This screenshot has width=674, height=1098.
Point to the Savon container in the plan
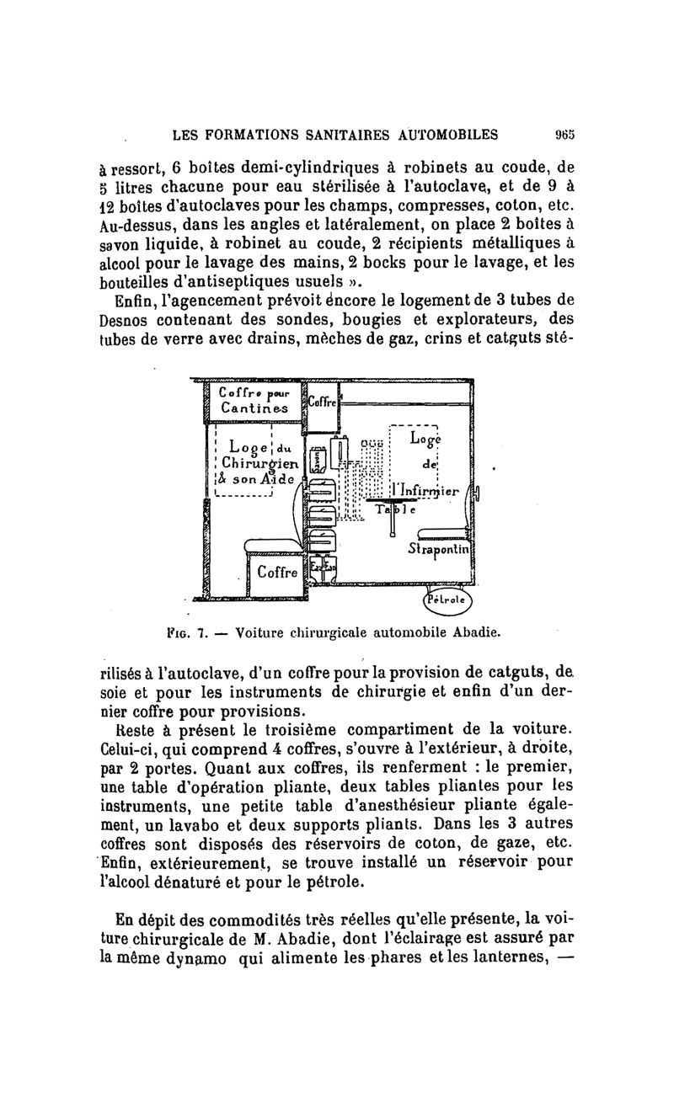[x=318, y=461]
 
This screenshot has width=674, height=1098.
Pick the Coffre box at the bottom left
[x=276, y=573]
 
